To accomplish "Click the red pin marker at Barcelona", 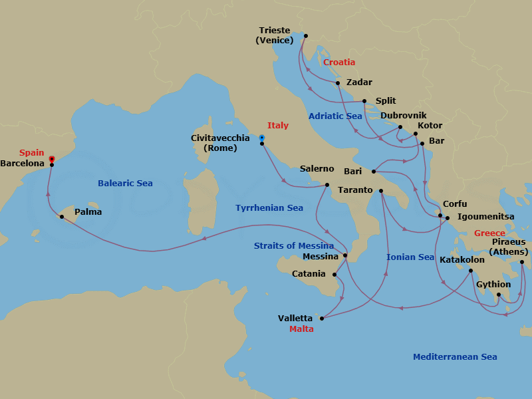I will tap(51, 160).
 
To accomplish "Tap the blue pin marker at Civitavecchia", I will tap(262, 138).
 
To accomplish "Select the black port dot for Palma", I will tap(61, 217).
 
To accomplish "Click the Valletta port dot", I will tap(322, 319).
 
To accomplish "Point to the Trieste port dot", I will tap(306, 36).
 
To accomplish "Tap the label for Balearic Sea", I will tap(125, 183).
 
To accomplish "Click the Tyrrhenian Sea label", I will tap(269, 208).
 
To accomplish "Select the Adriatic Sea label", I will tap(335, 116).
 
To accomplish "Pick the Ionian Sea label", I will tap(410, 257).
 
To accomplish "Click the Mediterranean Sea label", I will tap(455, 357).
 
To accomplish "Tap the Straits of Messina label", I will tap(294, 246).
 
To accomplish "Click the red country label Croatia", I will tap(339, 63).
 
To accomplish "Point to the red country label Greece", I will tap(489, 233).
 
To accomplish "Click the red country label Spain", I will tap(32, 152).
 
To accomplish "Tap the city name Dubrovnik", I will tap(403, 115).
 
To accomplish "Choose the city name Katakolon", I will tap(462, 260).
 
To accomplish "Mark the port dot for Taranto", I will tap(381, 192).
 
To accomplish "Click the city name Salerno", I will tap(317, 169).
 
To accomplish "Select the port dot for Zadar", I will tap(338, 83).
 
